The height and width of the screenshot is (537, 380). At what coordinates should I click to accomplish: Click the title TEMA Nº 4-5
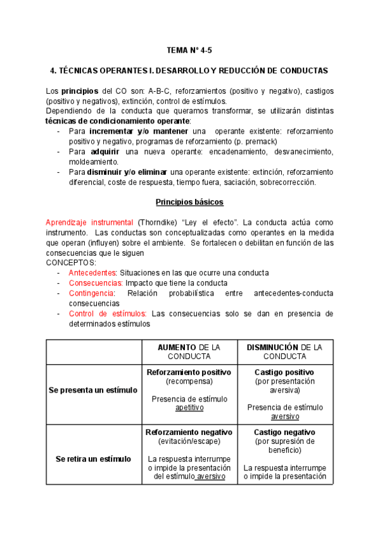pyautogui.click(x=189, y=49)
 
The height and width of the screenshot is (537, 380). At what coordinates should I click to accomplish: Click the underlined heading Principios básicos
pyautogui.click(x=189, y=202)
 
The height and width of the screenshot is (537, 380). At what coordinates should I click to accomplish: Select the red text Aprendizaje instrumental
pyautogui.click(x=89, y=223)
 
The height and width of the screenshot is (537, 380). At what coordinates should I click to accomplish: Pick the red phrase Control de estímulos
pyautogui.click(x=108, y=313)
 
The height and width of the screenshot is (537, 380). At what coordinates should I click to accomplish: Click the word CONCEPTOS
pyautogui.click(x=71, y=262)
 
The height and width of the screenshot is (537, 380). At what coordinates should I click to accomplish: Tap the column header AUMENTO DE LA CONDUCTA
pyautogui.click(x=189, y=351)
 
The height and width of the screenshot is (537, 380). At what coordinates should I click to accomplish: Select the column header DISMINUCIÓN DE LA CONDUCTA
pyautogui.click(x=284, y=351)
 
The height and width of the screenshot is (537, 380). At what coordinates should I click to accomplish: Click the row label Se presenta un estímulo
pyautogui.click(x=92, y=390)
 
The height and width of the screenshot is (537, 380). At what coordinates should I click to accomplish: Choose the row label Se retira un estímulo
pyautogui.click(x=92, y=458)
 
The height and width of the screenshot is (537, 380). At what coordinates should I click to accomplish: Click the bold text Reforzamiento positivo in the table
pyautogui.click(x=189, y=372)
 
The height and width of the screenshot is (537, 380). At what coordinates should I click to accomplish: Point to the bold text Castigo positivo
pyautogui.click(x=284, y=372)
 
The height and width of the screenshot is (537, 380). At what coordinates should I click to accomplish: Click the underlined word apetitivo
pyautogui.click(x=189, y=408)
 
